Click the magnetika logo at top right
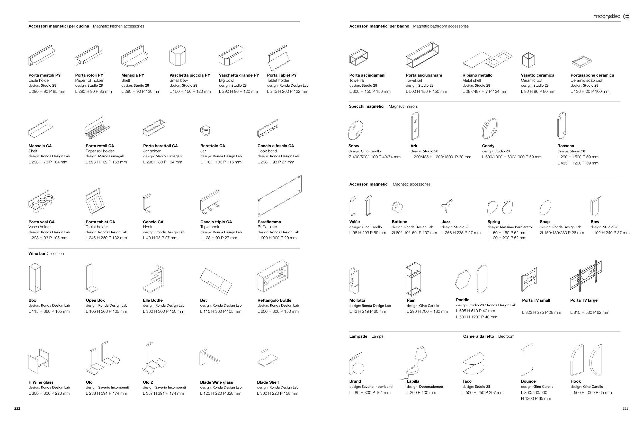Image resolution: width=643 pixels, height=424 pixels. tap(611, 16)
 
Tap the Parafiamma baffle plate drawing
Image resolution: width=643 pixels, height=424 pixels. tap(279, 196)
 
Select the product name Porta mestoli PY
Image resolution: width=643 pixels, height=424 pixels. tap(45, 75)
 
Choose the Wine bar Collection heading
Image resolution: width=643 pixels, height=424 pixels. tap(46, 254)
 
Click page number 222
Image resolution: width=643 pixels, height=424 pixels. tap(17, 408)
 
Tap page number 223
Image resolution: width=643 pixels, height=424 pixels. tap(626, 408)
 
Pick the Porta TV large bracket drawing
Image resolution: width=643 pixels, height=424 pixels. tap(586, 276)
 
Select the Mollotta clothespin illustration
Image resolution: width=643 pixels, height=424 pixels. tap(354, 280)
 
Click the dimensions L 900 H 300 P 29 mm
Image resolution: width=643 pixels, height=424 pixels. tap(277, 238)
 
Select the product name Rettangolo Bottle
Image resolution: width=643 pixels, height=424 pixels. tap(274, 300)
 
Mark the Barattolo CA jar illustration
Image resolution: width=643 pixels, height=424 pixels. tap(206, 130)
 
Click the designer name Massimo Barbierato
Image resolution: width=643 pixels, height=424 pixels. tap(515, 227)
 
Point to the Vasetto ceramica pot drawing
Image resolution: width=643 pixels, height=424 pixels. tap(528, 60)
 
